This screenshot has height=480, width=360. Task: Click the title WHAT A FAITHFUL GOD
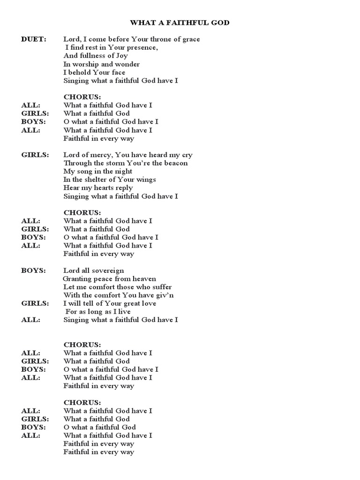tap(180, 22)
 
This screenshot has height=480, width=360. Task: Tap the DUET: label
tap(34, 39)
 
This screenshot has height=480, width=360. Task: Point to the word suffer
tap(161, 287)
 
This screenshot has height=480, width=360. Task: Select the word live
tap(123, 312)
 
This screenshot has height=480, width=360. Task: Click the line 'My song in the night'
tap(98, 172)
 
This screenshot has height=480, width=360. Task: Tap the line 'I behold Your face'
tap(94, 73)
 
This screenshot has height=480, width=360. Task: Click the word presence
tap(142, 48)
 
